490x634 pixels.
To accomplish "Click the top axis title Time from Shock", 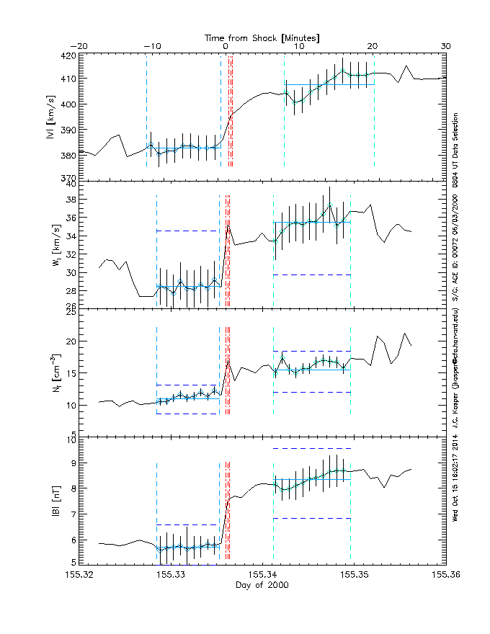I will click(x=262, y=37).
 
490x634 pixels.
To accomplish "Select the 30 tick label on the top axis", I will click(x=446, y=47).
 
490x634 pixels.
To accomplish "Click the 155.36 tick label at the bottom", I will click(x=446, y=574).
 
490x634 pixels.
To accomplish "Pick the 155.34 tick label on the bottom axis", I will click(x=263, y=574).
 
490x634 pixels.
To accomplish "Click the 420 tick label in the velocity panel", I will click(x=66, y=55).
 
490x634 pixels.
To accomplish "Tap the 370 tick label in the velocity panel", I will click(x=66, y=178).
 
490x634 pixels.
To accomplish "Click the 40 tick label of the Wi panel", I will click(x=70, y=184).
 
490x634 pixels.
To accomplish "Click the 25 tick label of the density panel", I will click(x=70, y=311).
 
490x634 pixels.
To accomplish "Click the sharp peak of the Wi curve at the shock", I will click(x=228, y=223).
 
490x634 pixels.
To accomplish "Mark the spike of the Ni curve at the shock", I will click(x=228, y=360).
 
